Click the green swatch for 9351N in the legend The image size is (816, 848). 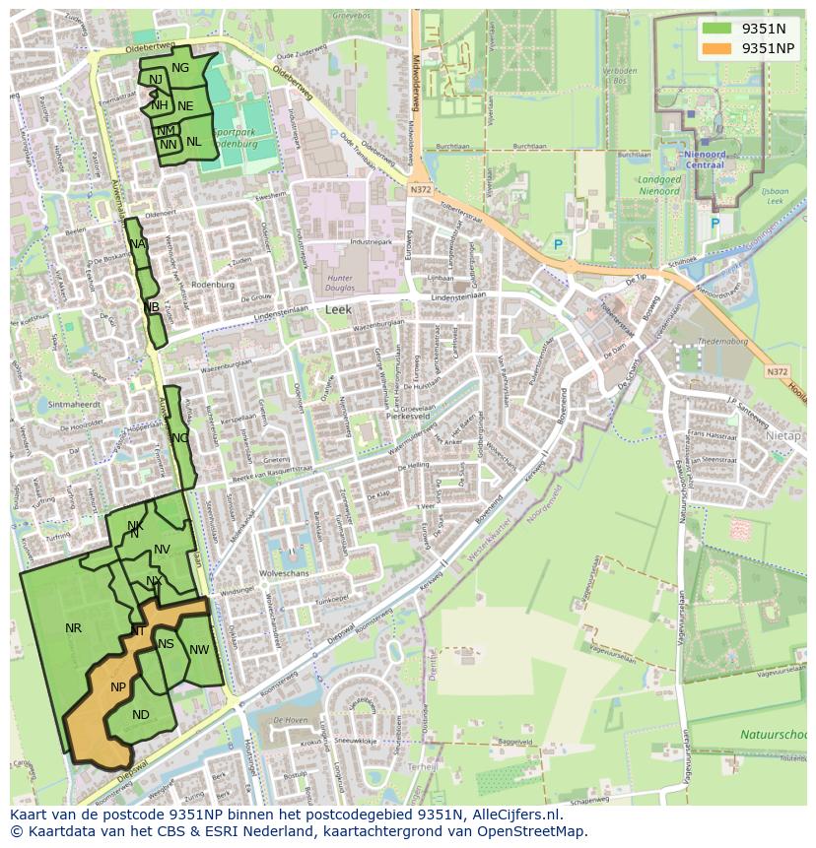[x=716, y=29]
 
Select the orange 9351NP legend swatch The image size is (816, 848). [x=716, y=48]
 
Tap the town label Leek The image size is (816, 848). [x=338, y=309]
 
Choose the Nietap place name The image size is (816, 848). [x=783, y=434]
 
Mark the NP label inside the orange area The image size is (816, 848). [x=118, y=686]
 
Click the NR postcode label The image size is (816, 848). [x=73, y=627]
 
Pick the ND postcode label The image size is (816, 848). [x=141, y=715]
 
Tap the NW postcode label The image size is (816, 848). [x=200, y=649]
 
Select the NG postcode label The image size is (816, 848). [x=180, y=68]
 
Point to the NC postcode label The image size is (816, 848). [x=179, y=437]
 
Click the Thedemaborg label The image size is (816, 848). [x=723, y=341]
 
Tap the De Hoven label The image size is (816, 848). [x=291, y=721]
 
